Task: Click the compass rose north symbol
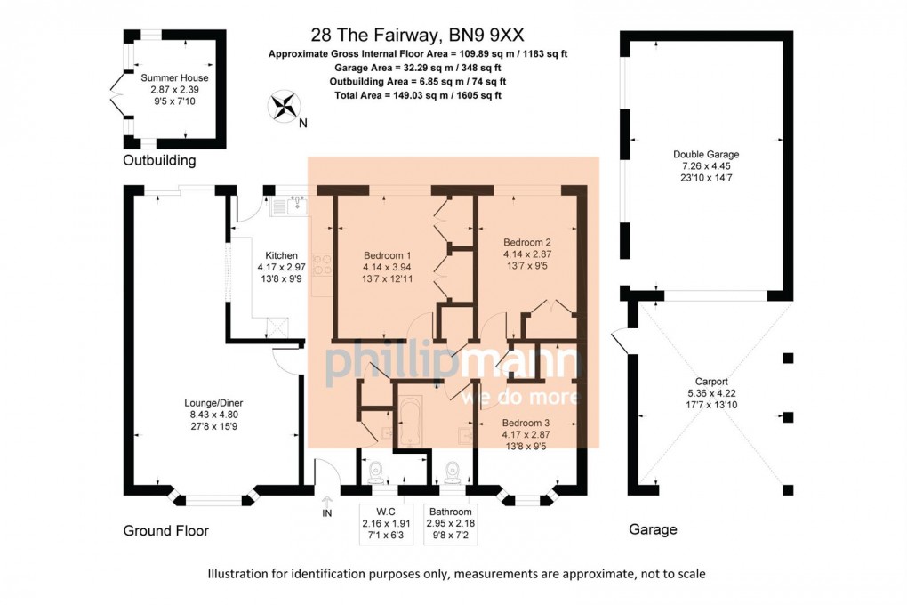pyautogui.click(x=284, y=107)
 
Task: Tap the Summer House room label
pyautogui.click(x=174, y=77)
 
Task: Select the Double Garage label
pyautogui.click(x=706, y=155)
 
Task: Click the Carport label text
pyautogui.click(x=711, y=382)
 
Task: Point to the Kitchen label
pyautogui.click(x=281, y=255)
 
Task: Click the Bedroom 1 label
pyautogui.click(x=387, y=255)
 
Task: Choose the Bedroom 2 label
pyautogui.click(x=527, y=242)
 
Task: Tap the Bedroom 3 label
pyautogui.click(x=526, y=423)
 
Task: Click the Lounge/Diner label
pyautogui.click(x=213, y=403)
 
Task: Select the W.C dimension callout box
pyautogui.click(x=386, y=524)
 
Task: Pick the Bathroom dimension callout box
pyautogui.click(x=451, y=524)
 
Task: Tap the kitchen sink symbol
pyautogui.click(x=289, y=206)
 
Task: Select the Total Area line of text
pyautogui.click(x=418, y=95)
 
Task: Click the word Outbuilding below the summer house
pyautogui.click(x=159, y=160)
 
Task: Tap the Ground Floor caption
pyautogui.click(x=166, y=530)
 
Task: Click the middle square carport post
pyautogui.click(x=788, y=417)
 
